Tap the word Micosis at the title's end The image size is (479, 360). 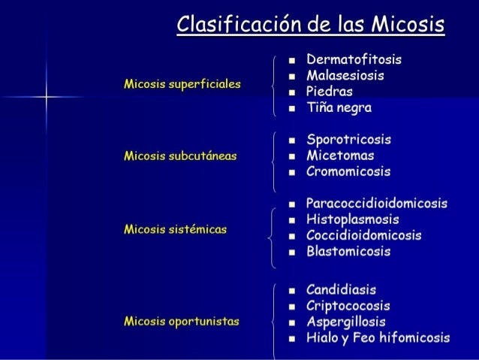pos(411,26)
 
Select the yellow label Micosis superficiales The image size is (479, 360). pos(182,84)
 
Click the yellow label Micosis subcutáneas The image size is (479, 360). pos(179,156)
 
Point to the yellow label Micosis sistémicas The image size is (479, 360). pos(175,228)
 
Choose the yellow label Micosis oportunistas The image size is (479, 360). pos(181,322)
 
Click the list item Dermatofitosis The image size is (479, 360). pos(354,59)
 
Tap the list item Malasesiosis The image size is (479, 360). pos(345,75)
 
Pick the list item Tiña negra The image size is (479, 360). pos(339,108)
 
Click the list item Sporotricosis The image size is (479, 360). pos(349,140)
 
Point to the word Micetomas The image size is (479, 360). pos(340,156)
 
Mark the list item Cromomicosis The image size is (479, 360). pos(348,172)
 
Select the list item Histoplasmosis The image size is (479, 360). pos(352,219)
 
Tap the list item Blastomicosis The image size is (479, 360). pos(348,252)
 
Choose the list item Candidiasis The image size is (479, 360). pos(342,289)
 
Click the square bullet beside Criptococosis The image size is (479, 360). pos(290,306)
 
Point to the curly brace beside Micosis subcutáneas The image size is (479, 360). pos(272,156)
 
